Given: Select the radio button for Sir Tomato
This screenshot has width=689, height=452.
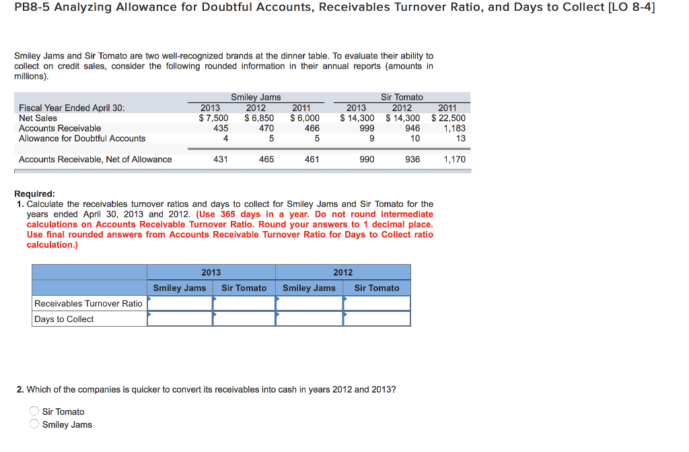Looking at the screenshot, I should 34,412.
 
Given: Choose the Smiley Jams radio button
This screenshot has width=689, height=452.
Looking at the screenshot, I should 34,424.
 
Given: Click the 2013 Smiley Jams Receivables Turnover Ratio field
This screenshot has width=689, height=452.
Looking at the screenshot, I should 180,304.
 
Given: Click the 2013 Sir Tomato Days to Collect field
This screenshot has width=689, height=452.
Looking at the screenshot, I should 244,319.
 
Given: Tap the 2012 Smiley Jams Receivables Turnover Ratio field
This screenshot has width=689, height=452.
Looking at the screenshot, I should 309,304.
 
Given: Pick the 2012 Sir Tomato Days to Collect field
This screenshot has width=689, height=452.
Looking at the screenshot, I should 376,319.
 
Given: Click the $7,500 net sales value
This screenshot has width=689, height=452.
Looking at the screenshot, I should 213,118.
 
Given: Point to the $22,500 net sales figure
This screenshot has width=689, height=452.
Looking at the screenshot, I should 448,118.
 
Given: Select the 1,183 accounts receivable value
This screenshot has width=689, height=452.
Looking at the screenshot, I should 454,128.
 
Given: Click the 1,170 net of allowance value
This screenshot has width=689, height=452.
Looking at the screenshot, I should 454,160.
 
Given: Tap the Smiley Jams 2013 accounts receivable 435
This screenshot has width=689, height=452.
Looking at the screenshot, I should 221,128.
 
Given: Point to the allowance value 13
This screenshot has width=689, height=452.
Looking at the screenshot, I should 460,138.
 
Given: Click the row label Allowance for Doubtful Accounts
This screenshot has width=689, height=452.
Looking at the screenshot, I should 82,138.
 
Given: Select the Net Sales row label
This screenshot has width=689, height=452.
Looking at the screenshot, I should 38,118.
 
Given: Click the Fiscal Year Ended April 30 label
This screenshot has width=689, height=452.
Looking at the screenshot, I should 71,108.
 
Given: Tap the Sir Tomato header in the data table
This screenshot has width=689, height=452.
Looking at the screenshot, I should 402,97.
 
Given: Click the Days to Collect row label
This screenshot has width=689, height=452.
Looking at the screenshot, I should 64,319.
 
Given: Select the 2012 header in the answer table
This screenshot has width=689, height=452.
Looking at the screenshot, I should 342,272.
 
